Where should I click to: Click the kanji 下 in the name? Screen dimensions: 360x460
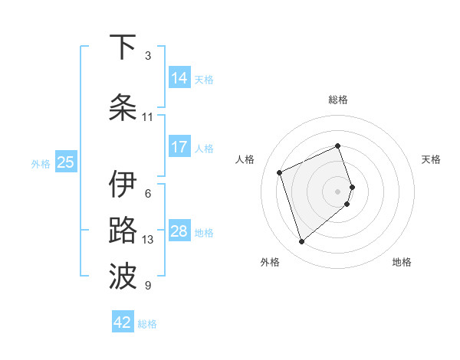coord(123,47)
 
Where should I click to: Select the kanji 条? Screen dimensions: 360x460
coord(123,108)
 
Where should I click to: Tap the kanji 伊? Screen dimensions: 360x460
coord(123,184)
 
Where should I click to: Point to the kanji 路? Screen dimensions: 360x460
coord(123,231)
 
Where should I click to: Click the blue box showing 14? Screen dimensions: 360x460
coord(179,78)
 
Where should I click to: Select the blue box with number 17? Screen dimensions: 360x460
coord(179,147)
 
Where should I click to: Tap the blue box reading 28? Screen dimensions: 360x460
coord(179,231)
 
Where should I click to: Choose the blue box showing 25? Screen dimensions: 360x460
coord(65,162)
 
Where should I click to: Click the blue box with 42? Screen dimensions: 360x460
coord(123,322)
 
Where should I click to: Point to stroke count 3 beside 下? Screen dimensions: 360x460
coord(148,56)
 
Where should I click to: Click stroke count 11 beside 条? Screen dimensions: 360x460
coord(148,117)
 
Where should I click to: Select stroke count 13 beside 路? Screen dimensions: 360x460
coord(148,240)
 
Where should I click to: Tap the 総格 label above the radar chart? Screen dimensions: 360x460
coord(338,100)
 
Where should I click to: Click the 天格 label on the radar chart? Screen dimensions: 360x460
coord(431,159)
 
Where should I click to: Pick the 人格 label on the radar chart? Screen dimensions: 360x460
coord(245,159)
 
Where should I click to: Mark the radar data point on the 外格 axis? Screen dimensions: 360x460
coord(301,242)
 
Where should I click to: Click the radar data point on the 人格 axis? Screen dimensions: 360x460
coord(280,172)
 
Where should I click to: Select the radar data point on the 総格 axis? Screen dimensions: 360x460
coord(338,146)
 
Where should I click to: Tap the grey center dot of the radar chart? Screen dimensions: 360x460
coord(338,191)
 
